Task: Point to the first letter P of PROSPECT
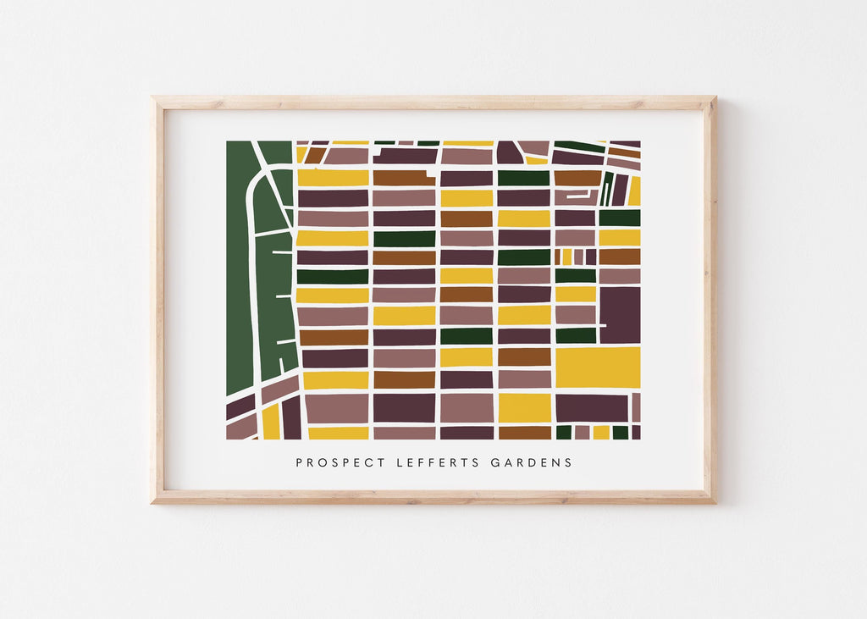299,462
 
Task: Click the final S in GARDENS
569,462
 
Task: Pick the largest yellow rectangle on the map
598,367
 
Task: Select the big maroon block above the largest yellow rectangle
620,314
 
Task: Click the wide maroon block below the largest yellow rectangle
592,407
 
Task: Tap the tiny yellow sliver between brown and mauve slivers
567,257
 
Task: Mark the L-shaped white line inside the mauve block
576,196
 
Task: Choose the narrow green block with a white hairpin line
606,189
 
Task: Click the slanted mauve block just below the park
279,390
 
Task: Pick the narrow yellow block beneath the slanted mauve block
271,421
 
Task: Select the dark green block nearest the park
333,276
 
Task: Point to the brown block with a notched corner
404,178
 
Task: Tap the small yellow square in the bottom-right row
601,432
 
